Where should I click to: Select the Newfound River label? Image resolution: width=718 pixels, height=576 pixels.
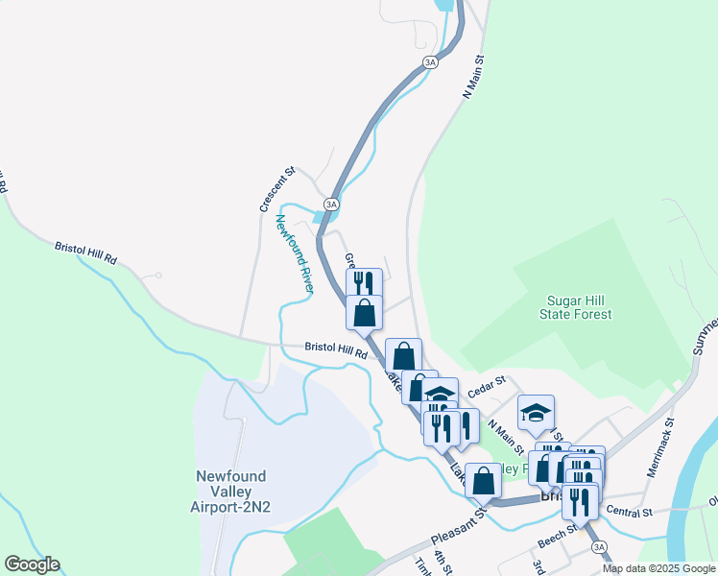[x=296, y=253]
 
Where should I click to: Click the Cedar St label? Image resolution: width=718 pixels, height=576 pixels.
[x=487, y=387]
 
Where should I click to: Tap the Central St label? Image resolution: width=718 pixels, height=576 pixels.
[x=629, y=513]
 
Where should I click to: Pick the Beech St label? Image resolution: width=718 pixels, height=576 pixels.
[x=557, y=535]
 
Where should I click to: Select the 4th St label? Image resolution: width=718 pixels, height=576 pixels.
[x=441, y=560]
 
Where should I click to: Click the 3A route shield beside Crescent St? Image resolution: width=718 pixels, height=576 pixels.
[x=331, y=204]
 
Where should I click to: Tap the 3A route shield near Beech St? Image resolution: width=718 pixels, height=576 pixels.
[x=600, y=547]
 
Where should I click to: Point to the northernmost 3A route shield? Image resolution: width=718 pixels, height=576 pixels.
[x=430, y=62]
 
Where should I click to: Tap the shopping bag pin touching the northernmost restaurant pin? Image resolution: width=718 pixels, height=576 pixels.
[x=365, y=311]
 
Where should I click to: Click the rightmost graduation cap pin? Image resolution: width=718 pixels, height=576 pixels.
[x=536, y=413]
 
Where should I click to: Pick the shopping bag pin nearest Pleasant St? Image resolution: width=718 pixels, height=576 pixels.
[x=483, y=478]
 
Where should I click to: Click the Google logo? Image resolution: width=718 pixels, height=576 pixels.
[x=32, y=564]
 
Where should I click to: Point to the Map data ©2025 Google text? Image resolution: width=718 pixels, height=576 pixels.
[x=658, y=568]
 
